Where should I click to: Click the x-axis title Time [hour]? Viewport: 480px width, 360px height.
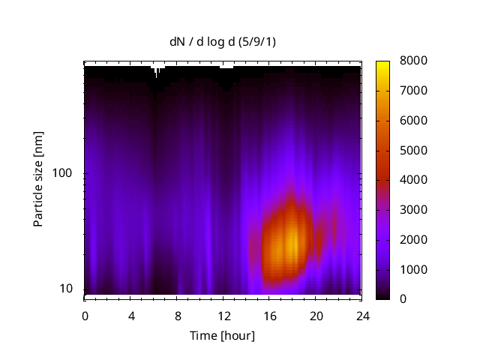pyautogui.click(x=222, y=335)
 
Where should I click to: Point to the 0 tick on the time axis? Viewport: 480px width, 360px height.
pyautogui.click(x=85, y=315)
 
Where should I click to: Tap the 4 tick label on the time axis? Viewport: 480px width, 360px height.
pyautogui.click(x=131, y=315)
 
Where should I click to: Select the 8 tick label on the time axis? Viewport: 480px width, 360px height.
pyautogui.click(x=178, y=315)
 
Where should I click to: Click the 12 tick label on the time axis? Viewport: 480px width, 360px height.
pyautogui.click(x=223, y=315)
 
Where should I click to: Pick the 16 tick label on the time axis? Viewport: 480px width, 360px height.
pyautogui.click(x=270, y=315)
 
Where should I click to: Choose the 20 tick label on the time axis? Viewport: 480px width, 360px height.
pyautogui.click(x=316, y=315)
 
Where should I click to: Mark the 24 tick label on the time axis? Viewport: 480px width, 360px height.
pyautogui.click(x=361, y=315)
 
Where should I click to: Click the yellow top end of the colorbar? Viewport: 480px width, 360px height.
pyautogui.click(x=382, y=63)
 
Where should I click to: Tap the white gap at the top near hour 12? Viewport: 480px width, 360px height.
pyautogui.click(x=226, y=66)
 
